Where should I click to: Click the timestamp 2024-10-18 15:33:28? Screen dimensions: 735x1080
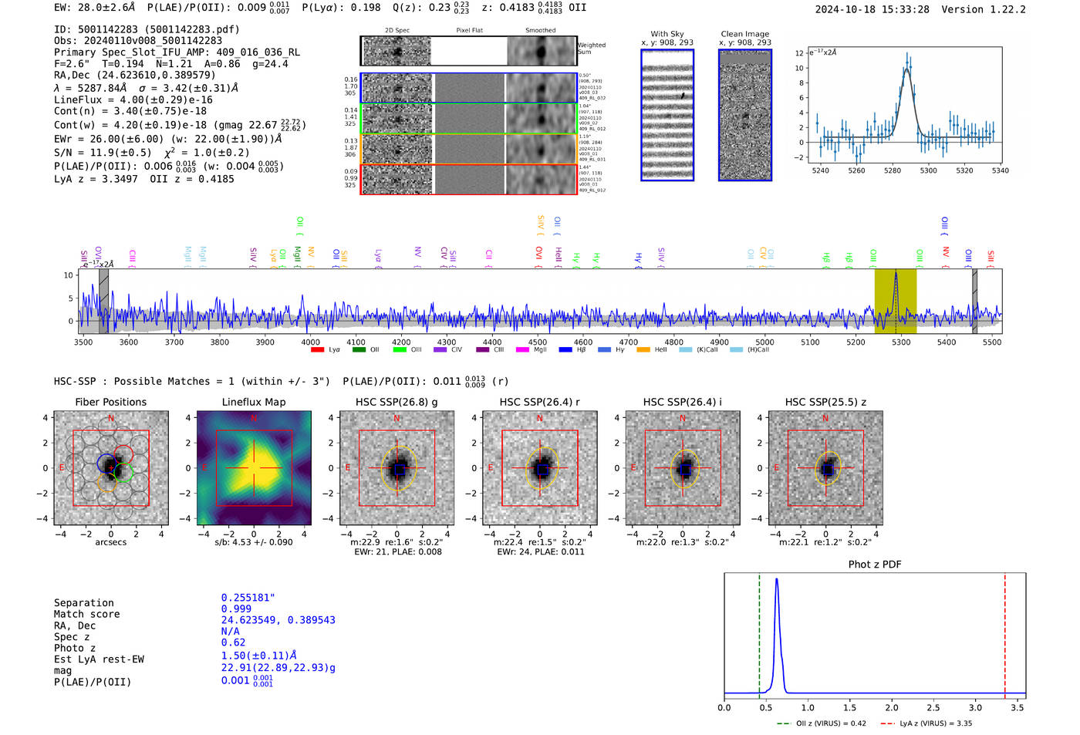[x=872, y=9]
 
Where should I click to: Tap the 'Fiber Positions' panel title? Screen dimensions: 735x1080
[x=110, y=402]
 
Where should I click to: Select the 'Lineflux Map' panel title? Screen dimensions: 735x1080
[x=253, y=402]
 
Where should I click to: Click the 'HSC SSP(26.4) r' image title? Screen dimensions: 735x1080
[x=539, y=402]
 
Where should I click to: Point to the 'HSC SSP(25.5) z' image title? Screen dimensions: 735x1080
[x=825, y=402]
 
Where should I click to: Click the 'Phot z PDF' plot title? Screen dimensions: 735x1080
[x=874, y=565]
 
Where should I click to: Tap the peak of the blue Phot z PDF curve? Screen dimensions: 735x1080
[x=776, y=579]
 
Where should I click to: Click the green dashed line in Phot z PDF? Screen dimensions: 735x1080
[x=759, y=632]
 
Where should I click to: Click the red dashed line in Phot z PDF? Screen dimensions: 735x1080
[x=1004, y=632]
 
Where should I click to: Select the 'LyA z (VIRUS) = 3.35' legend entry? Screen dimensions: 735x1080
[x=929, y=723]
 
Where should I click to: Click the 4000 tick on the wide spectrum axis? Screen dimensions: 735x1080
[x=310, y=342]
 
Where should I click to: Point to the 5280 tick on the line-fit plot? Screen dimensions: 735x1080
[x=893, y=170]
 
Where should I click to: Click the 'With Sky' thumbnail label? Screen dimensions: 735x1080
[x=667, y=34]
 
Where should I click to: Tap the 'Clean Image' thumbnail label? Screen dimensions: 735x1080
[x=744, y=34]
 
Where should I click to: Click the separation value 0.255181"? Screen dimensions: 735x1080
[x=248, y=598]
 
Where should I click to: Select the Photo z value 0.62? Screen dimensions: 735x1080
[x=233, y=642]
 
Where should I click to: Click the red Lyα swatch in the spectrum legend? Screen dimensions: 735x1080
[x=317, y=350]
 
